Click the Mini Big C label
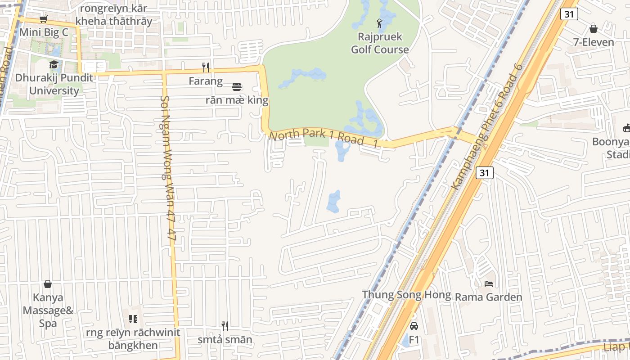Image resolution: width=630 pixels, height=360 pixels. click(44, 32)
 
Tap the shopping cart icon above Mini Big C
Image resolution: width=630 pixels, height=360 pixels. click(44, 19)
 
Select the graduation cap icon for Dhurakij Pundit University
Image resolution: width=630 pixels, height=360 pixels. click(54, 65)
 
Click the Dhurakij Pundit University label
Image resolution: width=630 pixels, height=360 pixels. click(54, 84)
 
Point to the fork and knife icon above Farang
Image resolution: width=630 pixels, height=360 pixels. click(206, 67)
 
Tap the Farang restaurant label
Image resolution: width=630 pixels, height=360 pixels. click(206, 81)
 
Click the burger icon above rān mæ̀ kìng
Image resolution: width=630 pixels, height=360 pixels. click(237, 86)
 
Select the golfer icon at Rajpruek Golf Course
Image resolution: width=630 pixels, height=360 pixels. click(380, 22)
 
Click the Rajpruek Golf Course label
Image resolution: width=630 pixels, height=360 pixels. click(380, 43)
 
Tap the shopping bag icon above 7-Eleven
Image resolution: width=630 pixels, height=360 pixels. click(594, 29)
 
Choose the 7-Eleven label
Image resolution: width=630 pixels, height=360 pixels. click(594, 42)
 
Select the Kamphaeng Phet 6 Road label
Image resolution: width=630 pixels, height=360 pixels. click(487, 126)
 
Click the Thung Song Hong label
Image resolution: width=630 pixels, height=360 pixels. click(406, 295)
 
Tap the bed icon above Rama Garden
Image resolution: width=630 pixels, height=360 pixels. click(489, 283)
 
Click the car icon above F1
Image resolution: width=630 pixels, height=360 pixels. click(414, 326)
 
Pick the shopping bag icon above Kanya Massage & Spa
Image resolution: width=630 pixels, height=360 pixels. click(48, 284)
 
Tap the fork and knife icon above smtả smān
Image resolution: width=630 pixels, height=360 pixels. click(225, 326)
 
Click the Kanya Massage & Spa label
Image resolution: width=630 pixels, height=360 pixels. click(48, 310)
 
